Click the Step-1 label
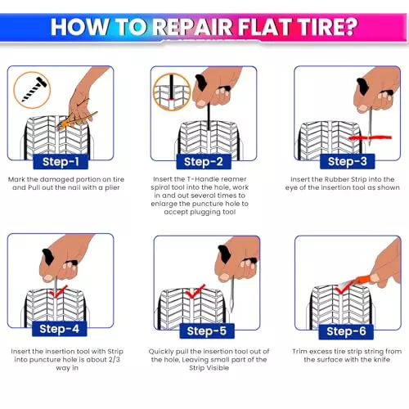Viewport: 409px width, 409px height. pos(61,162)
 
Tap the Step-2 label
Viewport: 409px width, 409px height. pos(204,162)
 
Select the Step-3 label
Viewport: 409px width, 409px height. pos(348,161)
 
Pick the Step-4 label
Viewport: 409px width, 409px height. pos(60,329)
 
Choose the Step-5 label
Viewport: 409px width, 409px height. pos(207,331)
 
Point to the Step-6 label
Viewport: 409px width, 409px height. pos(346,331)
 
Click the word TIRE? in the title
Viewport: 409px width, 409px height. pos(327,27)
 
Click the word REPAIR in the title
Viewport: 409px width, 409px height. pos(192,27)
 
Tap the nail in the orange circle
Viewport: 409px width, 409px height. pos(34,89)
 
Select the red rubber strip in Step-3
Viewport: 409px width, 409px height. pos(370,137)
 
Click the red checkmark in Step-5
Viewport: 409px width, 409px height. pos(196,291)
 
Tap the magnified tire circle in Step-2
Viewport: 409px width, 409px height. pos(172,92)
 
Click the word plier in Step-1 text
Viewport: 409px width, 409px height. pos(112,188)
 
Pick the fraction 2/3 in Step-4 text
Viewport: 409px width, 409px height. pos(115,359)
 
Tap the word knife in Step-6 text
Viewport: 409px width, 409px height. pos(382,359)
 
